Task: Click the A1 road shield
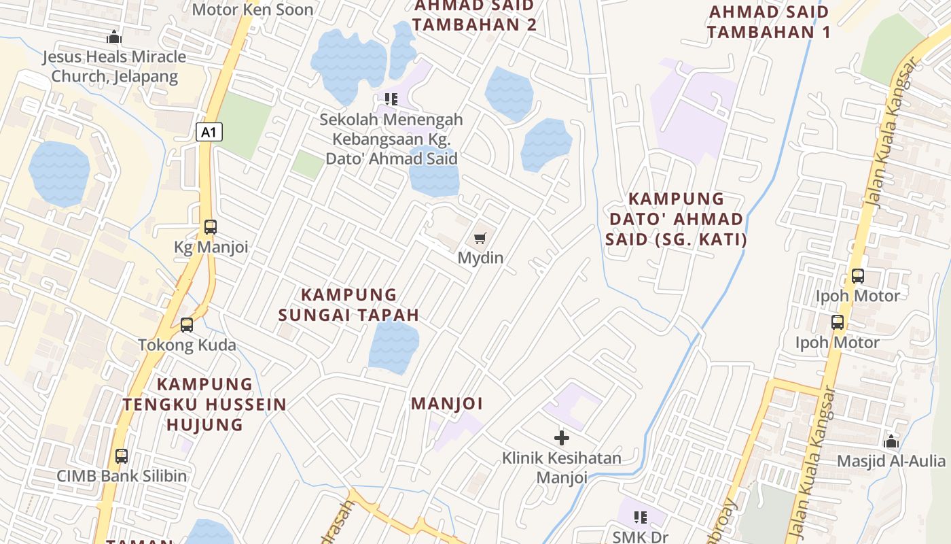point(209,131)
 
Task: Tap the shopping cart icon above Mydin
point(480,238)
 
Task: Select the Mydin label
point(480,258)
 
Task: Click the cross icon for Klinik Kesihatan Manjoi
point(562,437)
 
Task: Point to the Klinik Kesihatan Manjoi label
point(562,467)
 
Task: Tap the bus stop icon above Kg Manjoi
point(211,227)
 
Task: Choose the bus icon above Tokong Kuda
point(187,325)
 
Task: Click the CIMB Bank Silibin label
point(122,476)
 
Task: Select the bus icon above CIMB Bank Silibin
point(122,456)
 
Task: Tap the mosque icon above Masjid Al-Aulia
point(891,441)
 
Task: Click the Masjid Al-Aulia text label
point(891,461)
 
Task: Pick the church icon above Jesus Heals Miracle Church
point(114,37)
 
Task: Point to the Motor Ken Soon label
point(252,10)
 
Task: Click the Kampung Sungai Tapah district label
point(348,305)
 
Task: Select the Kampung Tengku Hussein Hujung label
point(204,404)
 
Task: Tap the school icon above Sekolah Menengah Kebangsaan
point(391,99)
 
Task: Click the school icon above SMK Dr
point(640,517)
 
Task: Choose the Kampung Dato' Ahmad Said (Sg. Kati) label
point(676,219)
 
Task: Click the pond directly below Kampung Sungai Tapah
point(393,347)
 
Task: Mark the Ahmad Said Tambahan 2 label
point(475,16)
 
